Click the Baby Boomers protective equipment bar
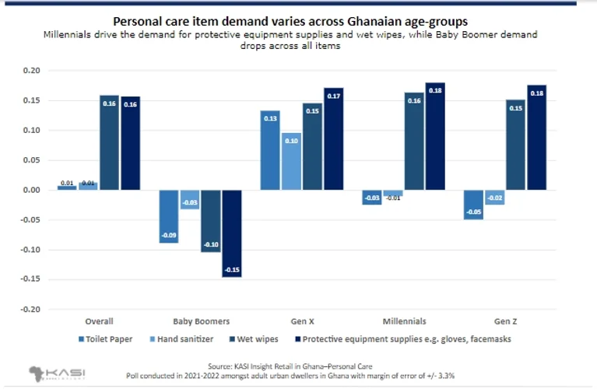pos(232,233)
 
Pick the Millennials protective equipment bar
pos(435,136)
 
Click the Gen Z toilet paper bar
pos(474,205)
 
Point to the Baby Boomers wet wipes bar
pos(211,221)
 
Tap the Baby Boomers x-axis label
pos(201,321)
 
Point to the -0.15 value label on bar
pos(232,270)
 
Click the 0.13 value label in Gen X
pos(270,118)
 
